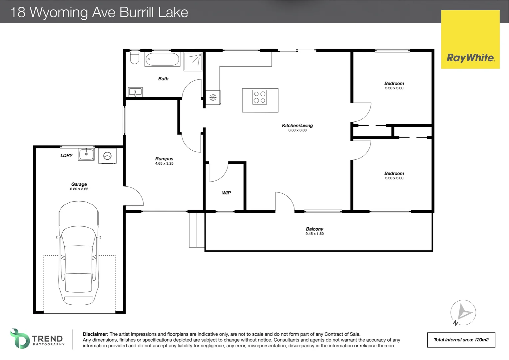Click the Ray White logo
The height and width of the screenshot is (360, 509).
pos(470,58)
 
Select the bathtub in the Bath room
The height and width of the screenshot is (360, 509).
pos(162,60)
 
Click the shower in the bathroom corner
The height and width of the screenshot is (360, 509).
pos(193,61)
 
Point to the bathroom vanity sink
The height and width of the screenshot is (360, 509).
pos(135,92)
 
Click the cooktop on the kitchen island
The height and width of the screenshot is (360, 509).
pos(259,97)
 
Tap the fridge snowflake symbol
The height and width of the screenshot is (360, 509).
pos(213,97)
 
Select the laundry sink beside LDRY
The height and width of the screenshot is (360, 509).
pos(86,154)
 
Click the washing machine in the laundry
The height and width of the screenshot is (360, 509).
pos(107,156)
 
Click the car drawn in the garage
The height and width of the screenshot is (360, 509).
pos(79,253)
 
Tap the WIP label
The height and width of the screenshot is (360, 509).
pos(227,193)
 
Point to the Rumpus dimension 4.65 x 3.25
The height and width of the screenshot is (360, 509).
pos(164,164)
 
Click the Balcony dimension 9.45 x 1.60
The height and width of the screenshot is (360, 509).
pos(314,234)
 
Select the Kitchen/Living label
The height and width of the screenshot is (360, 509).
pos(297,125)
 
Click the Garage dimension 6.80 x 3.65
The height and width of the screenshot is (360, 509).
pos(79,189)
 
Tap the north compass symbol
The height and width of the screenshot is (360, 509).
pos(463,313)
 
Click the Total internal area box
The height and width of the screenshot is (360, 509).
pos(461,340)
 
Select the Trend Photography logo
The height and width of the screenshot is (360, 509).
pos(37,339)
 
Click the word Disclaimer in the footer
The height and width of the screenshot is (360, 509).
pos(95,334)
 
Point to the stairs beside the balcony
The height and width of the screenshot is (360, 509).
pos(197,230)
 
